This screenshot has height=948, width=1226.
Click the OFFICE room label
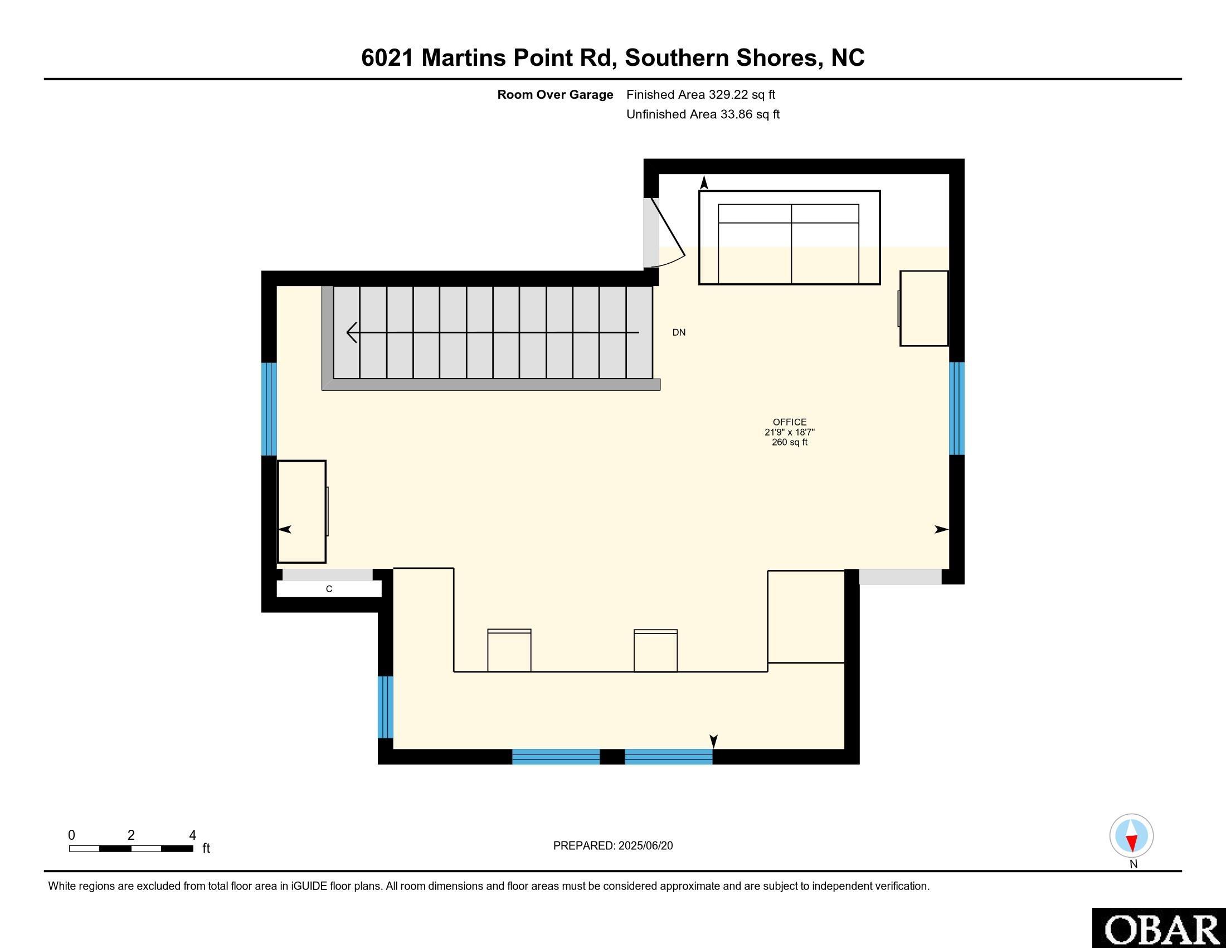tap(789, 422)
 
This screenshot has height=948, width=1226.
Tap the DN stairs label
tap(679, 332)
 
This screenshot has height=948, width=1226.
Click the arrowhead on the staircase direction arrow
tap(353, 332)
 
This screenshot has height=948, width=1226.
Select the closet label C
tap(329, 589)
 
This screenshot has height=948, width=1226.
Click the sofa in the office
tap(789, 238)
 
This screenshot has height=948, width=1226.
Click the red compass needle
tap(1132, 843)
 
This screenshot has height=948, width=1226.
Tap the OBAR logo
tap(1159, 928)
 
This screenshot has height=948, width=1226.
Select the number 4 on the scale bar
tap(193, 835)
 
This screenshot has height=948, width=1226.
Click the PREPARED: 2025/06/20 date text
tap(613, 846)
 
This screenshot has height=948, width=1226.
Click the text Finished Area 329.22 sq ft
tap(700, 94)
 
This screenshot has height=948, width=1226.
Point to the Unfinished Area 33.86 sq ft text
tap(703, 114)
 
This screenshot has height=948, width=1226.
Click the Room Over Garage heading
tap(555, 94)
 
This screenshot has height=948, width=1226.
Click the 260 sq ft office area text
tap(789, 442)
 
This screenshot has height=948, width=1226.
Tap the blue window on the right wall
tap(956, 408)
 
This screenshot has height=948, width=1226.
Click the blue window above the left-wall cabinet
tap(270, 409)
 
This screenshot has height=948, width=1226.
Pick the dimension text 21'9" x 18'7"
tap(789, 432)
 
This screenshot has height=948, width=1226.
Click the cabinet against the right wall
tap(923, 308)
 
